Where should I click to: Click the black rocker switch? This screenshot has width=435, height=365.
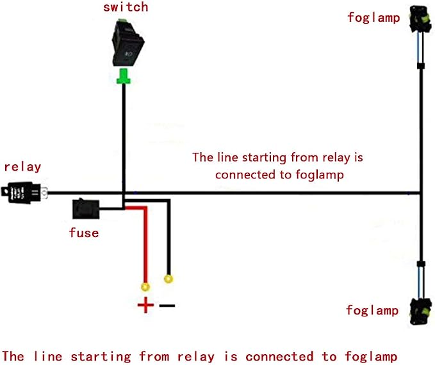click(128, 43)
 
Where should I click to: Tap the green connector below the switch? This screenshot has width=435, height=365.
click(124, 76)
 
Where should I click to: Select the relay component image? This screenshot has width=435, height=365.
click(24, 192)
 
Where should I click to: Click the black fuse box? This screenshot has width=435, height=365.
click(86, 208)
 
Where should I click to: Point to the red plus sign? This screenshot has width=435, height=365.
click(145, 305)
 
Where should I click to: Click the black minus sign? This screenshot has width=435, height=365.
click(167, 306)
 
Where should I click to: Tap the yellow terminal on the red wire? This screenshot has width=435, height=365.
click(145, 286)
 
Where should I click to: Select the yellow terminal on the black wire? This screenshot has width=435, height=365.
click(168, 279)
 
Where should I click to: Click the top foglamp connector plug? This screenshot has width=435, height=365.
click(420, 19)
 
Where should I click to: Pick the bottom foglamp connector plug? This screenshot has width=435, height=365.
click(420, 311)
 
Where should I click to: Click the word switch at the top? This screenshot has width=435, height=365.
click(126, 7)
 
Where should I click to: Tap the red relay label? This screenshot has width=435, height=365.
click(23, 167)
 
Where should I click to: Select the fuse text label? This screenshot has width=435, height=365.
click(84, 233)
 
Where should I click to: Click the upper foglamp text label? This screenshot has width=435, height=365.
click(373, 18)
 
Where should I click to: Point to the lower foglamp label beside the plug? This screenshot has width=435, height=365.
click(372, 311)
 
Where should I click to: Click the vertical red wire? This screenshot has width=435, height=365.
click(145, 245)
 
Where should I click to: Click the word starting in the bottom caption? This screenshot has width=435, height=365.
click(101, 357)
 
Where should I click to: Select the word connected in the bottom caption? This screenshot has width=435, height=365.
click(279, 357)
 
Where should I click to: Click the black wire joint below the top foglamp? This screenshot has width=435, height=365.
click(421, 66)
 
